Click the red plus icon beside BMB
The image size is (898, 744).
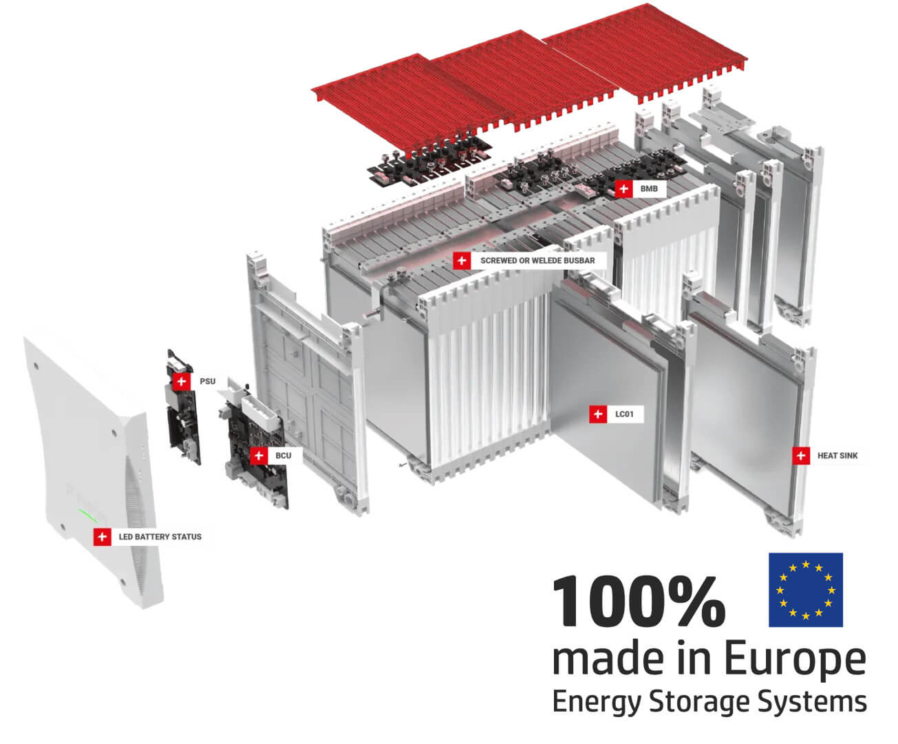point(623,189)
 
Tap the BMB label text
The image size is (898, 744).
point(649,189)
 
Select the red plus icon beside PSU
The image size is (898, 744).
point(181,381)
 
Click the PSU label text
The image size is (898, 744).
point(207,381)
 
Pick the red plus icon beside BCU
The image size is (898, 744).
point(259,456)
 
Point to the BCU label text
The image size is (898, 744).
point(283,456)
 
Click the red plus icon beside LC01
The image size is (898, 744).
point(598,414)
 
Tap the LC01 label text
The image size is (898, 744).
point(624,414)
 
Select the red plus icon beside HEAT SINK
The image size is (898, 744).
point(801,456)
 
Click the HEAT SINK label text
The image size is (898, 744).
point(837,456)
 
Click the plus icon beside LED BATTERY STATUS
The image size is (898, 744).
point(103,537)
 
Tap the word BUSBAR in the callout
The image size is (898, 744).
point(579,261)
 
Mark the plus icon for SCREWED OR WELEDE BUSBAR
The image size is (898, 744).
point(462,261)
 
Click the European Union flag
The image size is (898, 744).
point(805,590)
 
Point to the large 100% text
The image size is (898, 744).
point(638,602)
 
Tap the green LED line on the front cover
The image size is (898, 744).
point(87,516)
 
